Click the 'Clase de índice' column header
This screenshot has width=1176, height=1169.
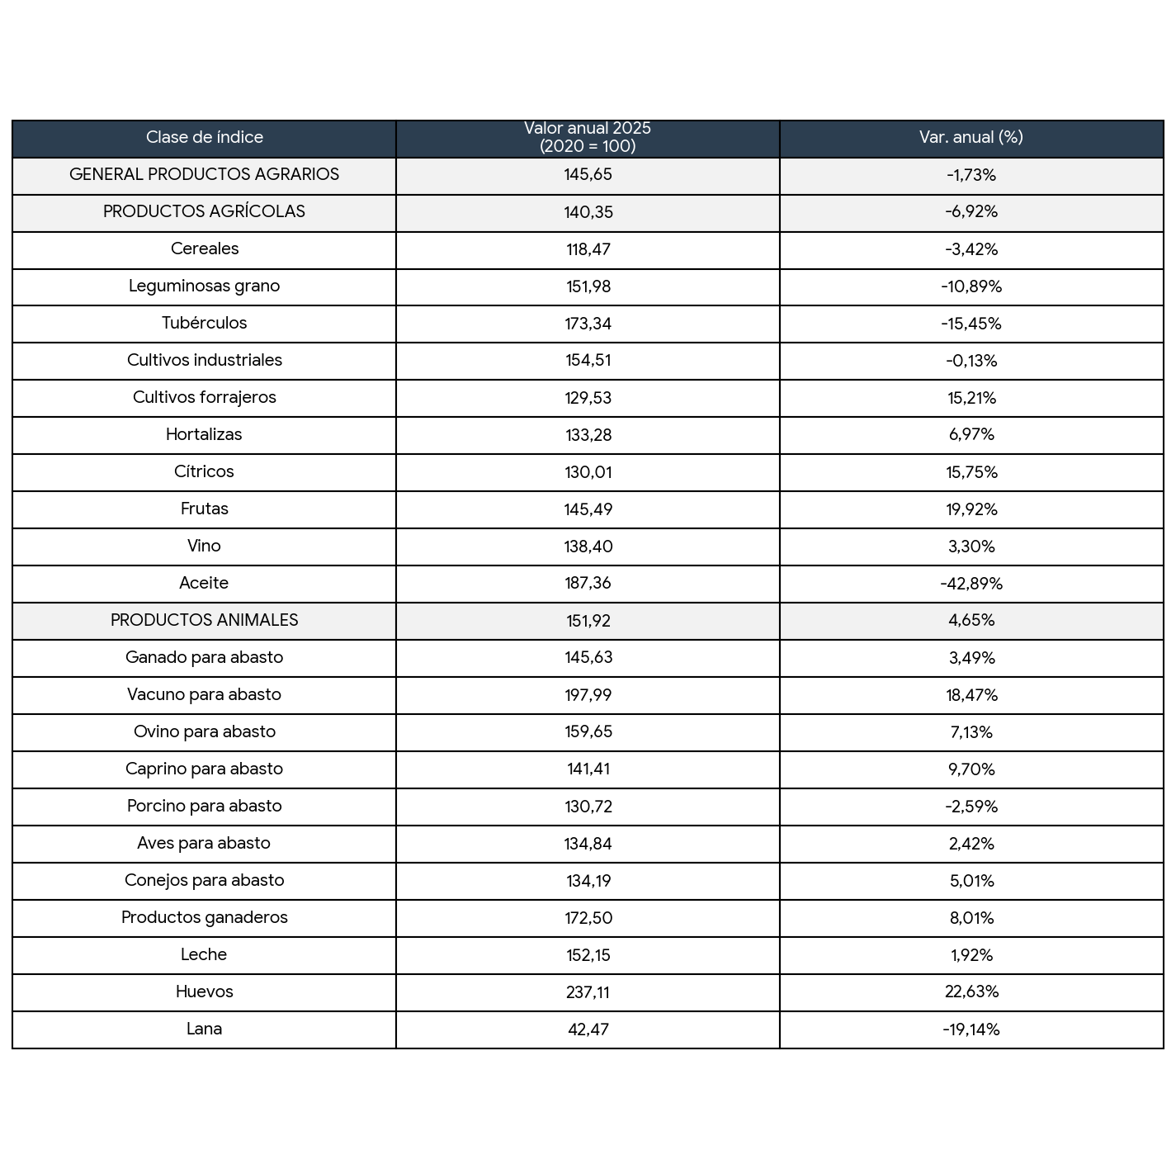204,138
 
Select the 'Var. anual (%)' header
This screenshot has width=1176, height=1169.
971,138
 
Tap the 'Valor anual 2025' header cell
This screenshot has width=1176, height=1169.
588,138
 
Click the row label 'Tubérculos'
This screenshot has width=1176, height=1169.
204,324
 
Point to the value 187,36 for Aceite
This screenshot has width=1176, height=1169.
588,584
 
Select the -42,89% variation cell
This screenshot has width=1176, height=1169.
971,584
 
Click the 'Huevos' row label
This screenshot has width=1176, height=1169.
204,992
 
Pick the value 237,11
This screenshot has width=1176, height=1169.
588,992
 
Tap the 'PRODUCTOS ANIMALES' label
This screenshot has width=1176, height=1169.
204,621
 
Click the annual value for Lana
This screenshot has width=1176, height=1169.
588,1029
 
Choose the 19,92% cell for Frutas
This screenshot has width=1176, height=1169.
971,509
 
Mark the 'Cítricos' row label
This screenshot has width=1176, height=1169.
204,472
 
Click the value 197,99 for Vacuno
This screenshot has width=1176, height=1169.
588,695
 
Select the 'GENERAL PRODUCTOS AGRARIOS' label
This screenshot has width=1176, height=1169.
204,175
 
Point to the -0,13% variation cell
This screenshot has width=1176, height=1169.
971,361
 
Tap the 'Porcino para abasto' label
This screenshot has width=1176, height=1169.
204,807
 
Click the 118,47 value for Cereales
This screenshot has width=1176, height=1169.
588,249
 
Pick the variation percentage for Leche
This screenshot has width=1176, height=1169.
971,955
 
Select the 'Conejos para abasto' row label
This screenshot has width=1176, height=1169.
204,881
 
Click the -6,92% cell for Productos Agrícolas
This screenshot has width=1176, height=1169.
971,212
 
